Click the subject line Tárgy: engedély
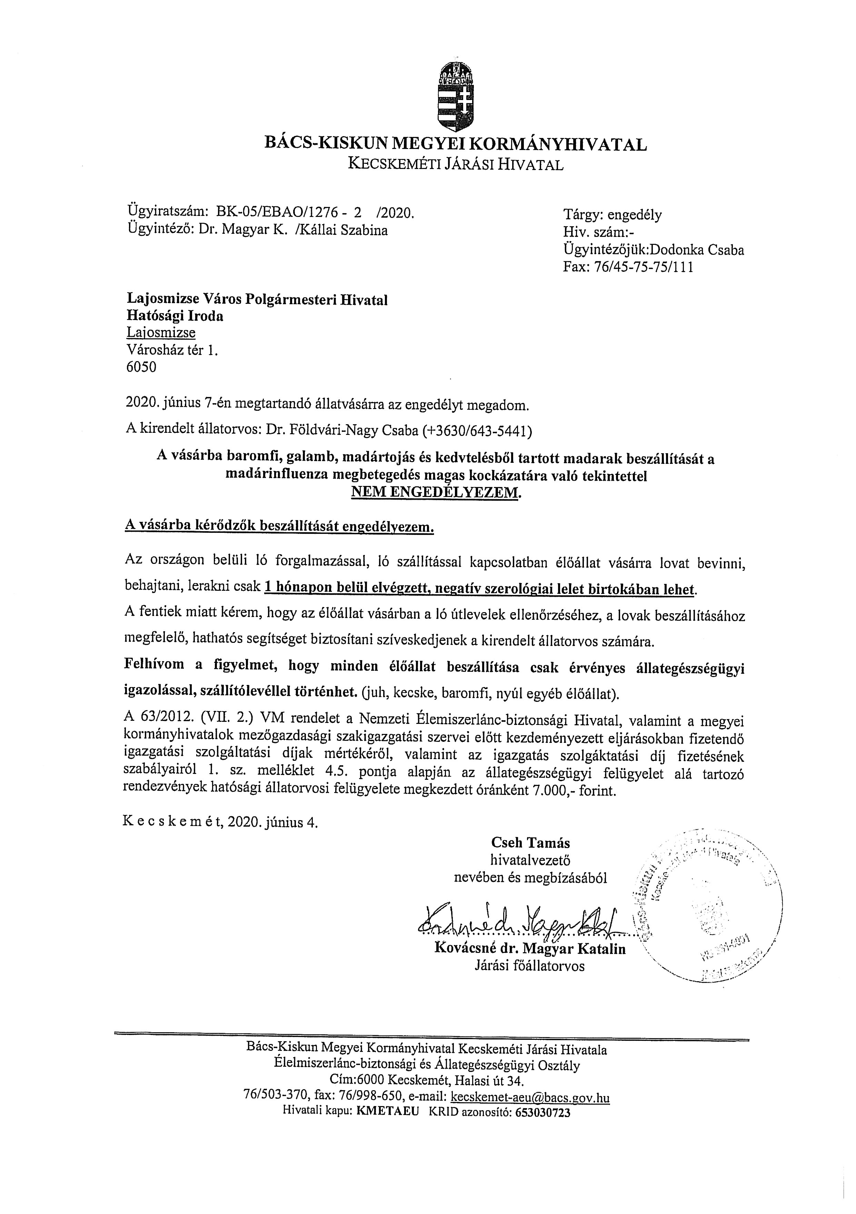click(x=612, y=215)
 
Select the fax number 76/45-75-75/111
click(x=644, y=267)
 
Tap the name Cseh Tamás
click(x=530, y=842)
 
